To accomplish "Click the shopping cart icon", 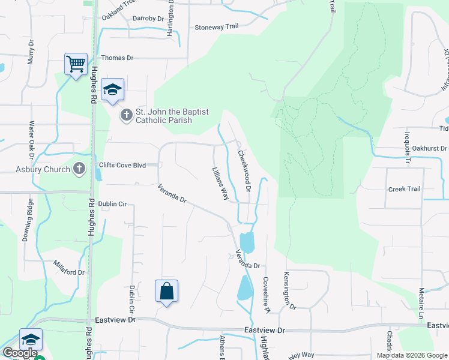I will point(76,63).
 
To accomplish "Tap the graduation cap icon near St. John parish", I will point(112,89).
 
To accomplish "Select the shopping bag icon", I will point(166,292).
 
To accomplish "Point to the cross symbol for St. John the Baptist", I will point(126,115).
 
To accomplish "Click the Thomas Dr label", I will point(117,58).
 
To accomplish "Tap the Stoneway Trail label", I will point(217,27).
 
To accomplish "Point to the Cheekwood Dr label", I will point(244,171).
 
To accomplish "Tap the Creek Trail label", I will point(404,189).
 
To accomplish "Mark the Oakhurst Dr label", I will point(427,148).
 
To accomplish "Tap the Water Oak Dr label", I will point(32,139).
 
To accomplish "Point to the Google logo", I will point(20,353).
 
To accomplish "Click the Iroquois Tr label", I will point(406,146).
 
